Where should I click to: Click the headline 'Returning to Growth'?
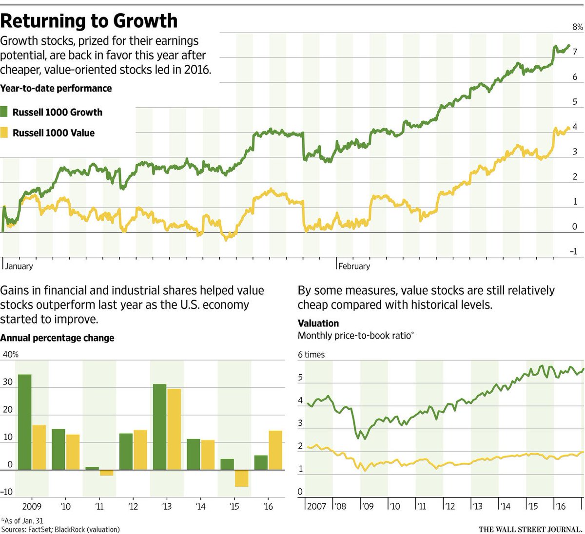(x=89, y=21)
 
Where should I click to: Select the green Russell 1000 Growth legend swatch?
(x=4, y=112)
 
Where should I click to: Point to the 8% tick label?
(x=577, y=27)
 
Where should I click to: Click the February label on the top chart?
(x=354, y=267)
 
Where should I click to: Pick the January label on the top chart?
(x=19, y=267)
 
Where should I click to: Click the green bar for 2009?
(x=25, y=422)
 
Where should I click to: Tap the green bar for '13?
(x=159, y=427)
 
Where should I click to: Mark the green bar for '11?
(x=92, y=468)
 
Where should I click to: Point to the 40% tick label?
(x=11, y=354)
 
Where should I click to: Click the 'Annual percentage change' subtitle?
(x=57, y=338)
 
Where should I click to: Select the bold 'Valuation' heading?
(x=318, y=323)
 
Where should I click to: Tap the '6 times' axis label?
(x=311, y=355)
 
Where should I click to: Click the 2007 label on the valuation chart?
(x=317, y=506)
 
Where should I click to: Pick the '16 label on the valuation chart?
(x=561, y=506)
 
